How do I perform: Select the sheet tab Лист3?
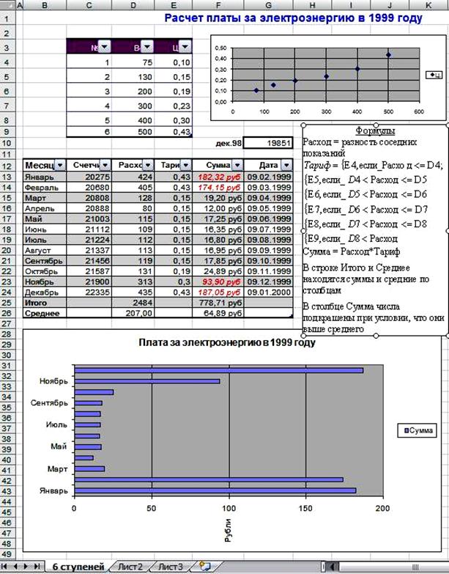170,567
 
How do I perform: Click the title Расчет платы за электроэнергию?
293,19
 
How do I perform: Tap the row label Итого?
36,302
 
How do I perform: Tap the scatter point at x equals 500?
388,54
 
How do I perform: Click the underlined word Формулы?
375,131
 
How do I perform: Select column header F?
218,5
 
